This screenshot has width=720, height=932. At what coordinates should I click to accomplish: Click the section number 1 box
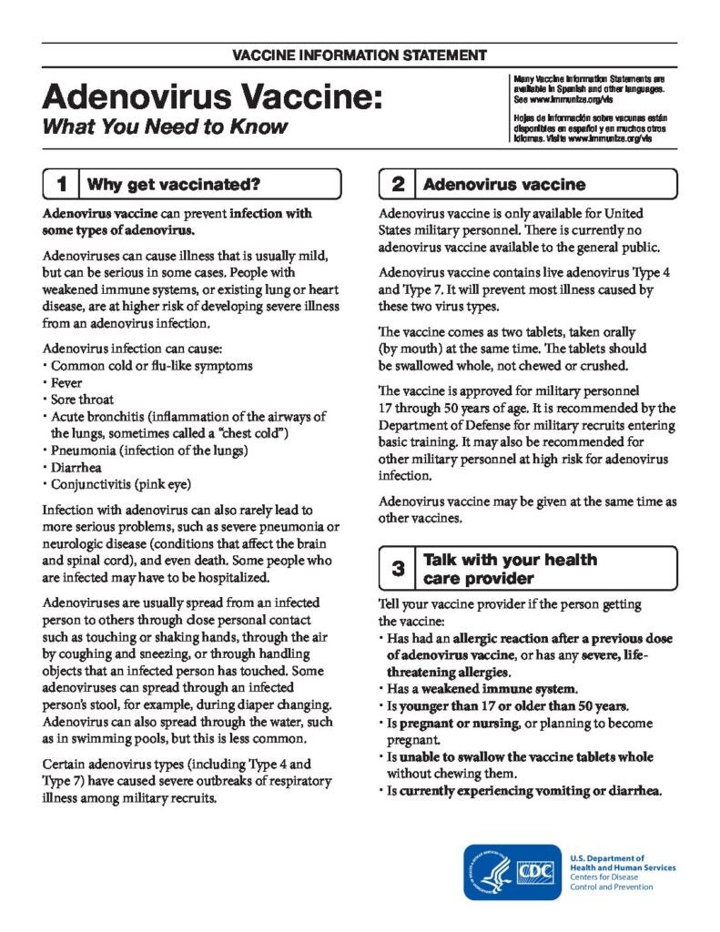pos(61,185)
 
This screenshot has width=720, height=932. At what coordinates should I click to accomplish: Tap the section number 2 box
pos(398,185)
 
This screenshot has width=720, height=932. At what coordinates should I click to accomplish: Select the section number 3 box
pos(398,570)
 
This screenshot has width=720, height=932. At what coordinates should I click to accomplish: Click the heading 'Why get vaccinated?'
pos(174,185)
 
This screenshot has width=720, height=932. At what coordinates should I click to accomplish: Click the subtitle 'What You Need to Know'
pos(165,126)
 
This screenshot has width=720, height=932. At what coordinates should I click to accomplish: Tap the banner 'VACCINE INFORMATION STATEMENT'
pos(360,56)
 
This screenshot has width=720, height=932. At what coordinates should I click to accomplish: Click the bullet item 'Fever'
pos(66,382)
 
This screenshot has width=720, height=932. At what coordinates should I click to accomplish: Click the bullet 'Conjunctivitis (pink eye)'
pos(120,483)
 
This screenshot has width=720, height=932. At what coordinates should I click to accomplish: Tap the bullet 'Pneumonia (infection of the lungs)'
pos(149,450)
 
